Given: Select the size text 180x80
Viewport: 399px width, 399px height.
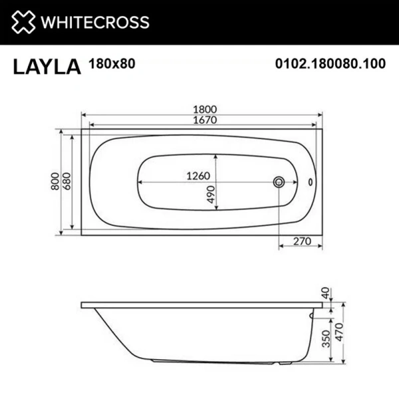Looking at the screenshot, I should point(108,64).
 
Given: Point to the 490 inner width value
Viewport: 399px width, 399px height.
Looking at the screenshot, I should point(210,194).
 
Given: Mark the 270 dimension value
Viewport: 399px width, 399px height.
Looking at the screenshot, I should point(303,241).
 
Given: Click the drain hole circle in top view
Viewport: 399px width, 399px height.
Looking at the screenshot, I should point(279,182).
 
